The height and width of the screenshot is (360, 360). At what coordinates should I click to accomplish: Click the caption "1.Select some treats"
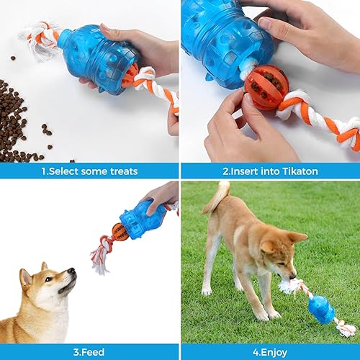click(89, 171)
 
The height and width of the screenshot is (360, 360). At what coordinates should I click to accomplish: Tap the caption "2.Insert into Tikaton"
click(270, 171)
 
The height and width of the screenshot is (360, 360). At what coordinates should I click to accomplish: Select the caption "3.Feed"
click(89, 353)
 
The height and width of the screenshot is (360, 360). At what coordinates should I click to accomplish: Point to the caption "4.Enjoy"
click(270, 353)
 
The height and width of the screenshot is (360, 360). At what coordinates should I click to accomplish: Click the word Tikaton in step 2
click(297, 171)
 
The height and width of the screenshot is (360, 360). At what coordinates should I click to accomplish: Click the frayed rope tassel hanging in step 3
click(99, 263)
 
